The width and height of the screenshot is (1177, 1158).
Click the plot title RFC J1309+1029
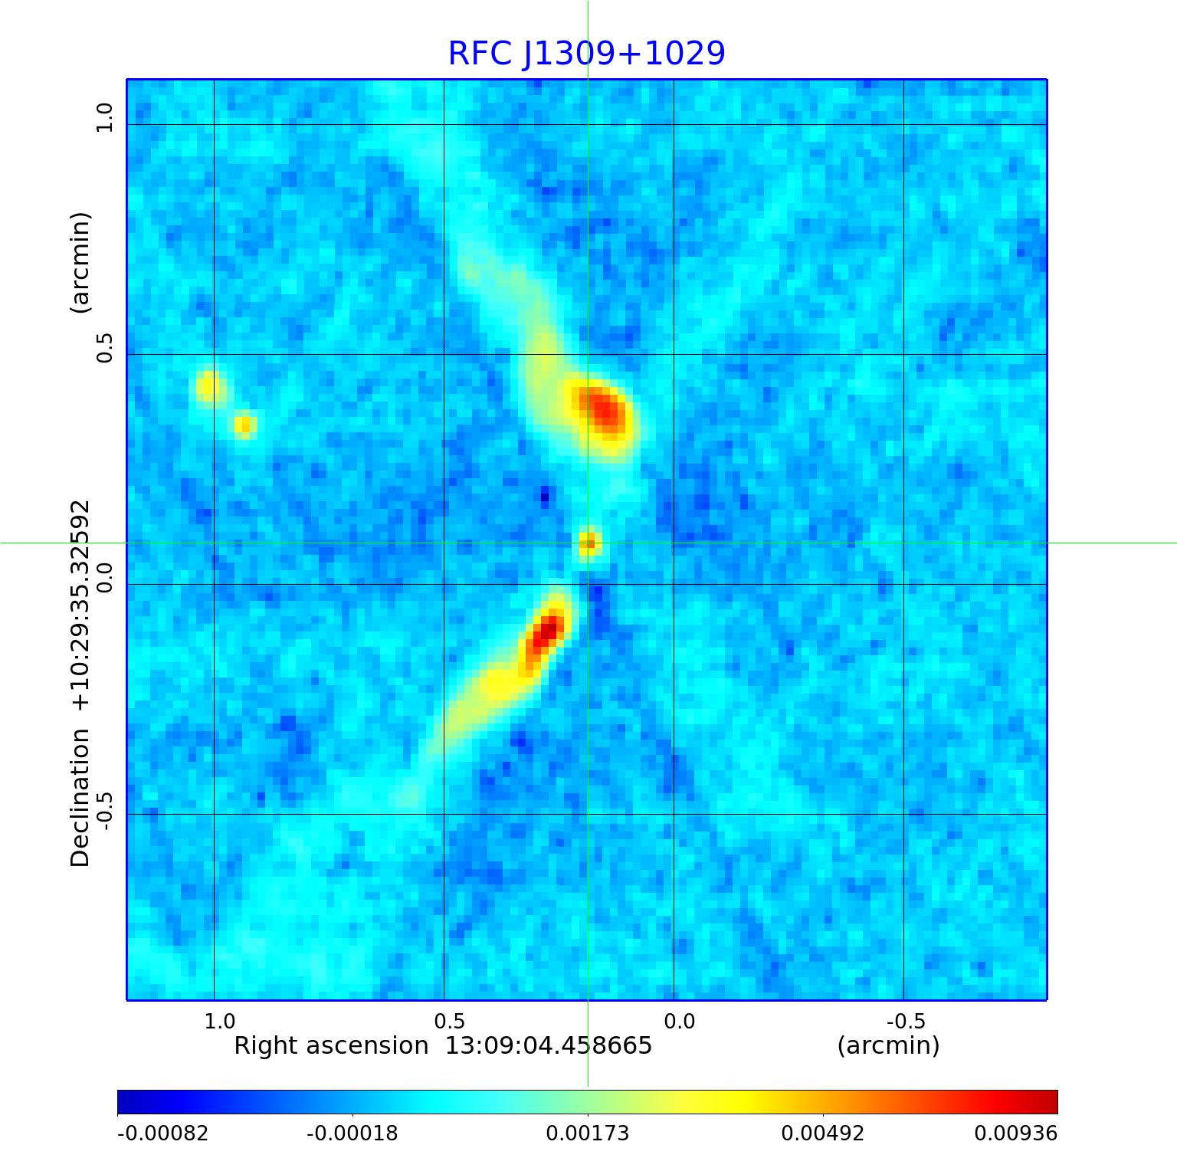(x=586, y=54)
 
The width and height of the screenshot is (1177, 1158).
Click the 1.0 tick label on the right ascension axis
(x=219, y=1022)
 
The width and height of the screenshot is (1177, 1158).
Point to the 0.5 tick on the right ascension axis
(x=449, y=1022)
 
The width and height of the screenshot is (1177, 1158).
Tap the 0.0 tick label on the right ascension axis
(x=679, y=1022)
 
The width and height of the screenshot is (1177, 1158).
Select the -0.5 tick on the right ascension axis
(x=906, y=1022)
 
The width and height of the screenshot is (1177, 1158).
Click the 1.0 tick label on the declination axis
(x=104, y=118)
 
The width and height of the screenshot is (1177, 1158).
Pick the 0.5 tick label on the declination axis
(x=104, y=348)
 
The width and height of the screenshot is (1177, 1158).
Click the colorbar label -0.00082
(x=162, y=1133)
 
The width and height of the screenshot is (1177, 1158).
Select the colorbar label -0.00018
(x=352, y=1133)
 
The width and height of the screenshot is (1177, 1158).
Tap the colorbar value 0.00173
(x=588, y=1133)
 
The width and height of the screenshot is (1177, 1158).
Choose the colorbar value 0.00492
(x=823, y=1133)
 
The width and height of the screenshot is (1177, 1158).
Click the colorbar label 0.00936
(x=1015, y=1133)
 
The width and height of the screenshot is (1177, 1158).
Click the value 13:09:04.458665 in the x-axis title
(x=549, y=1046)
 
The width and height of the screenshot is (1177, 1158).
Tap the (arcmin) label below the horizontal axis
(x=888, y=1046)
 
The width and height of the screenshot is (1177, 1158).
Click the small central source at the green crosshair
(x=588, y=543)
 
